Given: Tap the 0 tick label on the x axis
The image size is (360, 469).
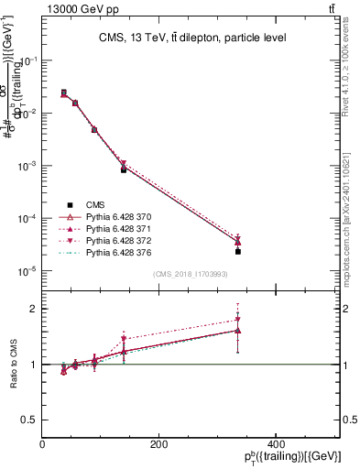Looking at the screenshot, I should click(x=43, y=444).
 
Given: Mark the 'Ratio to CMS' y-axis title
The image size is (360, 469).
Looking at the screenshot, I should click(x=13, y=365).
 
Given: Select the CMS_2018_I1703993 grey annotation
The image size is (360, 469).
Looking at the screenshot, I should click(x=191, y=275).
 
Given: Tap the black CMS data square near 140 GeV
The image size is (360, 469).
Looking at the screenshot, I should click(x=124, y=170).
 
